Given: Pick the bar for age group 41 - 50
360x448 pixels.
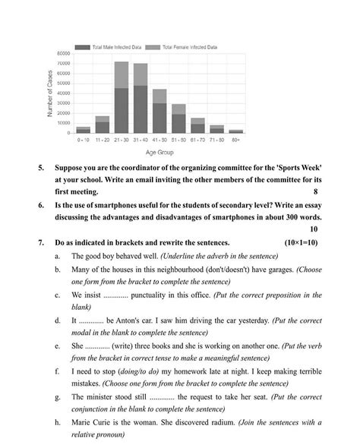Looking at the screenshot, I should point(159,111).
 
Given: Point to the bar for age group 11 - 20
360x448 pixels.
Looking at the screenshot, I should point(102,125).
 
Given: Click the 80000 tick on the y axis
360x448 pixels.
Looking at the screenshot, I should point(64,53).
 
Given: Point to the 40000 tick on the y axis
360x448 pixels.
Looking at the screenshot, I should point(64,93).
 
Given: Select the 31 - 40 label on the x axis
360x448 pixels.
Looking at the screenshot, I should point(141,140).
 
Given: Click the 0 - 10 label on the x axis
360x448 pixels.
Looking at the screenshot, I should point(83,140).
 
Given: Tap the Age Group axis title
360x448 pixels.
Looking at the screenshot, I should point(159,153).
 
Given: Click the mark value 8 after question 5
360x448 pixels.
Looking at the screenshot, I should point(315,191).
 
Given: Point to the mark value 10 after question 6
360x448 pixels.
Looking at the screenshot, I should point(315,228).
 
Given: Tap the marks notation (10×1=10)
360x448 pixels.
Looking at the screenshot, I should point(301,242).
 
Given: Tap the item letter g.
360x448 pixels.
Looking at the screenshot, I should point(58,397).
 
